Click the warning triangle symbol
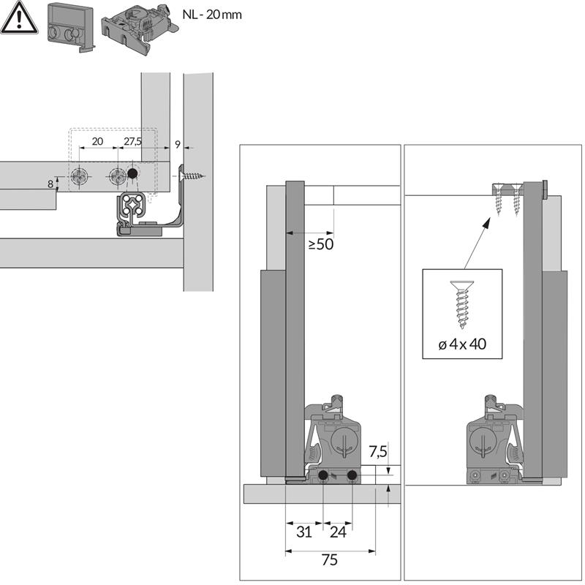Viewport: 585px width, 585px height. tap(18, 18)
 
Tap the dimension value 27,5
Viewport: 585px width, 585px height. tap(133, 142)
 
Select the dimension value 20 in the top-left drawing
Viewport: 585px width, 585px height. tap(97, 142)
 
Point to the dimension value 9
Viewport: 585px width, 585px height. tap(176, 144)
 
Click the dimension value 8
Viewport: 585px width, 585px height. tap(50, 184)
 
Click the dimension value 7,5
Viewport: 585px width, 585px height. tap(378, 450)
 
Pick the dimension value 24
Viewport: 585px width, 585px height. tap(338, 532)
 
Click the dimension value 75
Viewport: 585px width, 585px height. tap(330, 559)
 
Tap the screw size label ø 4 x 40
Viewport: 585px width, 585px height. tap(462, 344)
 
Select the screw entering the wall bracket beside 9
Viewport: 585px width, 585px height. tap(194, 175)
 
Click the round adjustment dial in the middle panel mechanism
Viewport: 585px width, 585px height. tap(342, 442)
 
